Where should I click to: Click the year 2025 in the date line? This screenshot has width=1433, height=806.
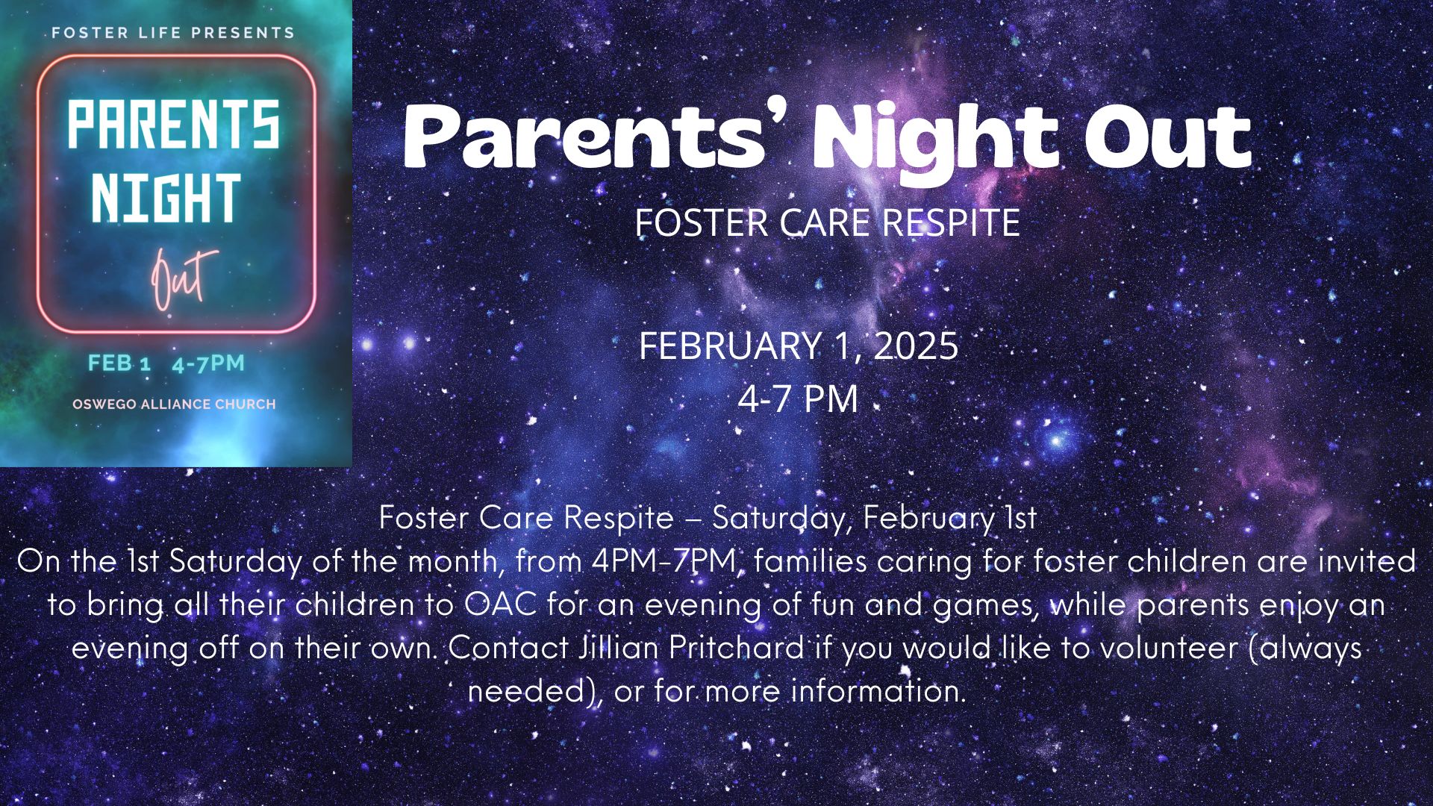click(x=915, y=346)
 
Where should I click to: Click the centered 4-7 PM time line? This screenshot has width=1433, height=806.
click(x=797, y=399)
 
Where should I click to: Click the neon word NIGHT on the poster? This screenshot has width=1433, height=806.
click(x=166, y=198)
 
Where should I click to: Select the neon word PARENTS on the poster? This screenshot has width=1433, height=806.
click(x=174, y=125)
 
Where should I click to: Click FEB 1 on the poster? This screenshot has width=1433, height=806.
click(x=119, y=363)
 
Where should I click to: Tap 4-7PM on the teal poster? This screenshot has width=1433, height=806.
click(x=208, y=363)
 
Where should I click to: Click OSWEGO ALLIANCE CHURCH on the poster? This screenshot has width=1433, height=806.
click(x=174, y=404)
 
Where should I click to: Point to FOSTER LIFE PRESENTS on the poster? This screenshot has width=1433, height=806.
click(x=173, y=33)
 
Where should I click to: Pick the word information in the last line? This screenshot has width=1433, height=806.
click(x=878, y=691)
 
